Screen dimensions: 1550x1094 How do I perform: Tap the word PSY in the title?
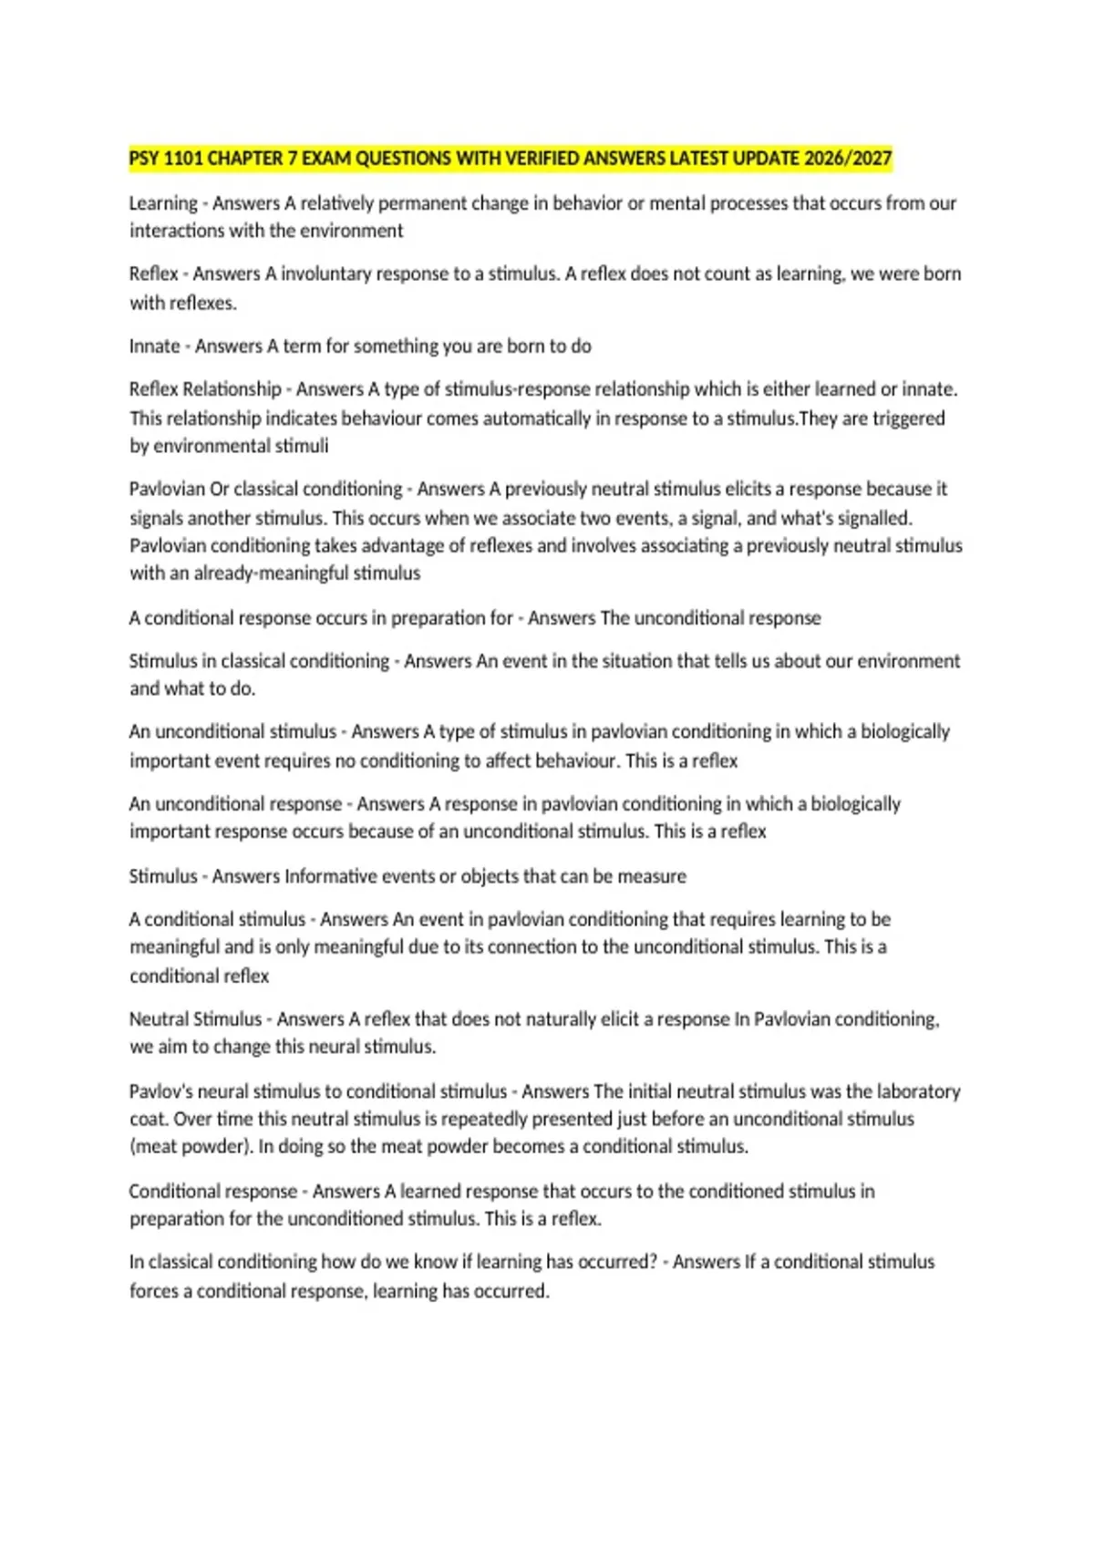(x=144, y=159)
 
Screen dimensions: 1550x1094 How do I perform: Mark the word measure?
(x=652, y=876)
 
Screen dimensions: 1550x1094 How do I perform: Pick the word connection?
(x=530, y=946)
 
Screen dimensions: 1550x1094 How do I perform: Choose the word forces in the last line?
(x=153, y=1291)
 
